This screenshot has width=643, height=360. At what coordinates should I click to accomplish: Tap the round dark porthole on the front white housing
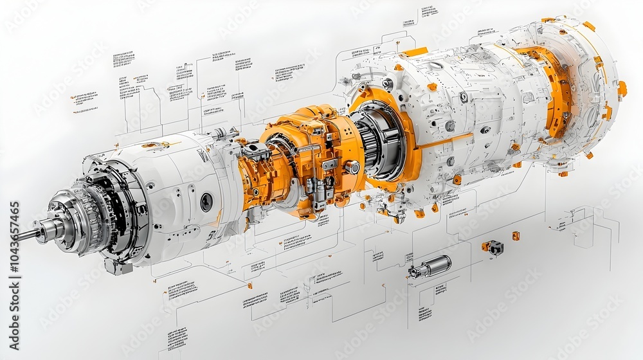coord(206,202)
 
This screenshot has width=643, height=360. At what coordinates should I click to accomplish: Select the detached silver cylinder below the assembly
coord(431,265)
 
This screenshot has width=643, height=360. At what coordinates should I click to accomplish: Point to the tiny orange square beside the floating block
coord(516,236)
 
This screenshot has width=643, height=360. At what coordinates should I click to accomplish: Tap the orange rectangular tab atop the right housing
coord(416,51)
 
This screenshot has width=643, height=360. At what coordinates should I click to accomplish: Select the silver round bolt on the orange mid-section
coord(352,167)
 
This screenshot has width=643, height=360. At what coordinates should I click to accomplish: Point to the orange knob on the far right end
coord(622,89)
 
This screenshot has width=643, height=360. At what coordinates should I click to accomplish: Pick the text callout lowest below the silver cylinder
coord(425,314)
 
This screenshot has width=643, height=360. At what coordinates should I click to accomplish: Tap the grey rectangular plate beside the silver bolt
coord(330,165)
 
